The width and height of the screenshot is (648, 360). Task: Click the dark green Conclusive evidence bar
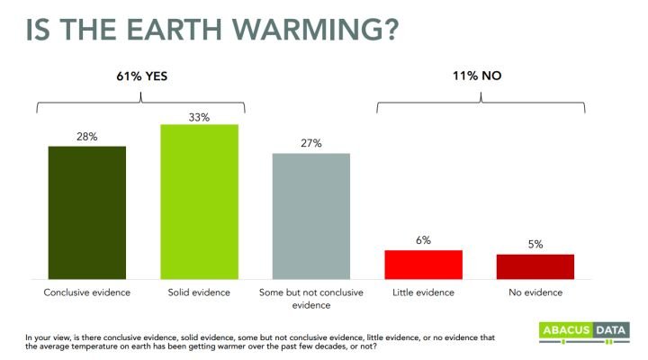(x=87, y=213)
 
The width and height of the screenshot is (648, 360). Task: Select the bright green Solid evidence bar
(x=199, y=202)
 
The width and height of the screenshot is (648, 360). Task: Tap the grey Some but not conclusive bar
(x=311, y=216)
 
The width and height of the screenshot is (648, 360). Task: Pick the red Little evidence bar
(x=424, y=265)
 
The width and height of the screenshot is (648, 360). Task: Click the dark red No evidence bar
(x=535, y=266)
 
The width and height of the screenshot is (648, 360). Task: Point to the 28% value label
(x=87, y=137)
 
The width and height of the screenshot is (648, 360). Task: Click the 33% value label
(x=199, y=117)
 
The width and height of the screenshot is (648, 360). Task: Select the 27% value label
(x=311, y=143)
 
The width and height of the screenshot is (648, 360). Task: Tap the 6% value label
(x=424, y=240)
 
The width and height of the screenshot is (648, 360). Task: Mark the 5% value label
(x=535, y=244)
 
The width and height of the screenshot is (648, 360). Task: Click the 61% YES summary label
(x=142, y=76)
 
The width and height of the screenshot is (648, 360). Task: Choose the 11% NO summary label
(x=477, y=76)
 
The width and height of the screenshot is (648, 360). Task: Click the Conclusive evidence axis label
(x=86, y=292)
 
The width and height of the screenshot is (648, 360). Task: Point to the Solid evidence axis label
(x=199, y=292)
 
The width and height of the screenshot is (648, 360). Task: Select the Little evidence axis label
(x=423, y=292)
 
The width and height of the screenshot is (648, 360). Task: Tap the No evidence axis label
(x=535, y=292)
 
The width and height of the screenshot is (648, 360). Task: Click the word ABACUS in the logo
(x=566, y=330)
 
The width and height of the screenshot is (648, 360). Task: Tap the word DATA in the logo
(x=610, y=330)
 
